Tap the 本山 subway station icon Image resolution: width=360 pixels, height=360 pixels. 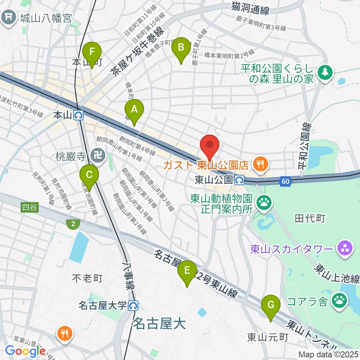79,115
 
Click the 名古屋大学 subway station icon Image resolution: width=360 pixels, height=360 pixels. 133,306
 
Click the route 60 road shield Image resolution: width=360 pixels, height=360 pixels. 286,181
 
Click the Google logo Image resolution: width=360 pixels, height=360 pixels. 25,351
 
